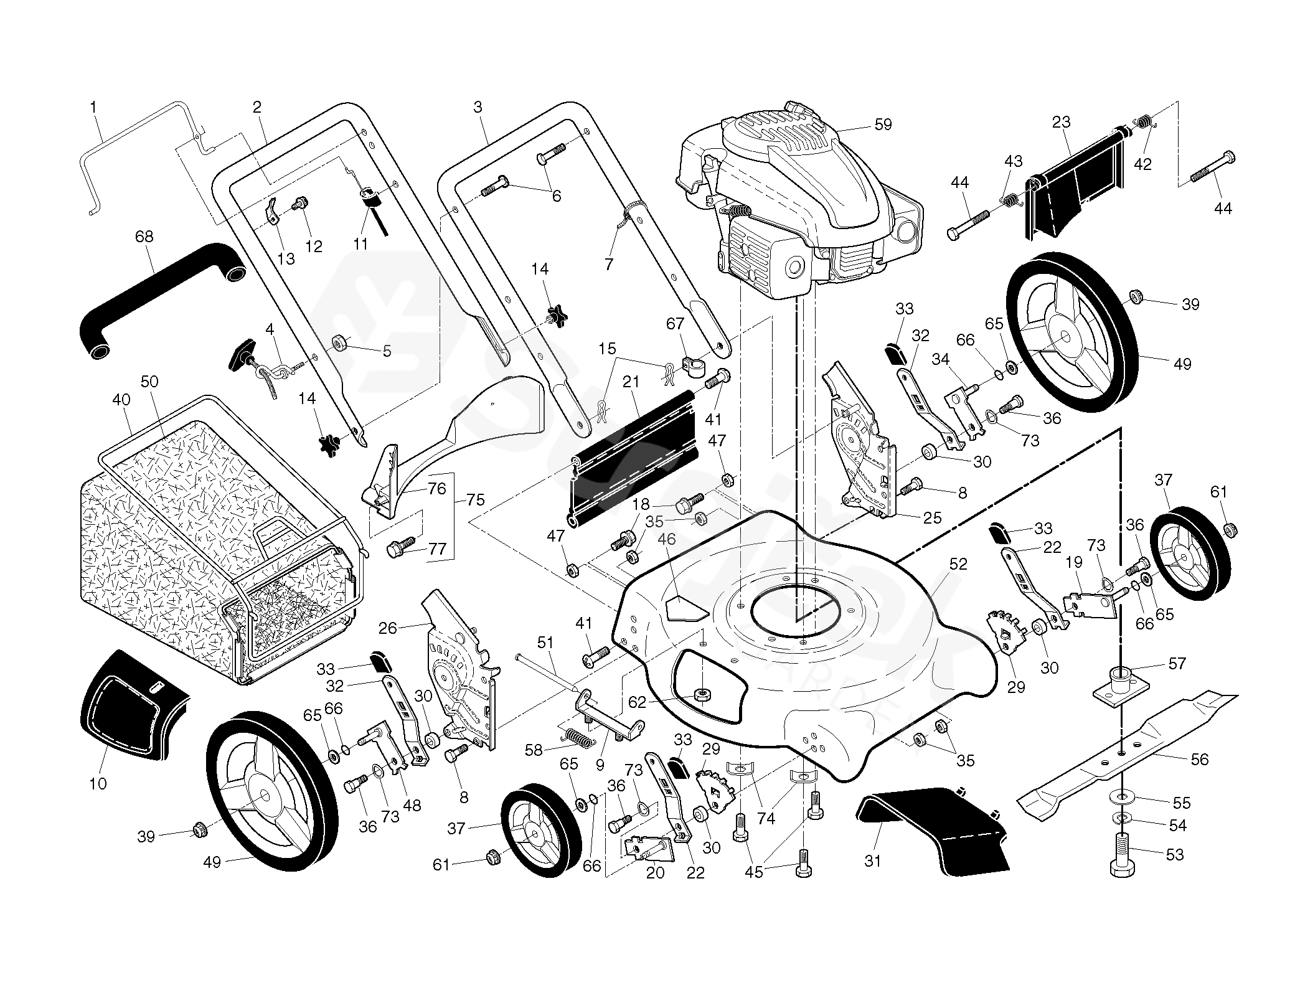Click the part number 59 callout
pyautogui.click(x=882, y=125)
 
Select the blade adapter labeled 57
pyautogui.click(x=1121, y=684)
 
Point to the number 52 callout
pyautogui.click(x=958, y=564)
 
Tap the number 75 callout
pyautogui.click(x=476, y=500)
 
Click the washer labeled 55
pyautogui.click(x=1121, y=797)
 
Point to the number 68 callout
pyautogui.click(x=144, y=237)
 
